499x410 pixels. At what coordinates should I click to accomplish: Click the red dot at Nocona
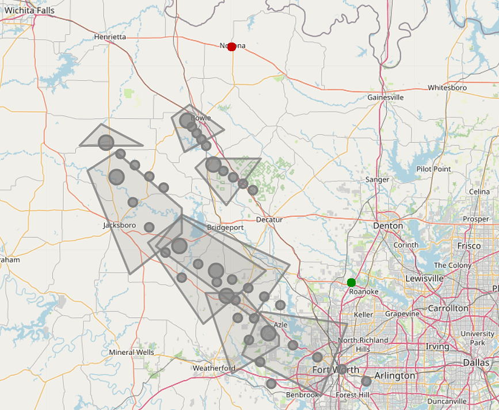[x=231, y=47]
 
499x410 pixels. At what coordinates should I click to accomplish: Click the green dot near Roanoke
[x=351, y=282]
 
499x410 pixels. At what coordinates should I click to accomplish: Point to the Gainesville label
[x=386, y=97]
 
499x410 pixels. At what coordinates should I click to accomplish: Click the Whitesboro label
[x=447, y=87]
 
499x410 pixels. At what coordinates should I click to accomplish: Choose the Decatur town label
[x=269, y=220]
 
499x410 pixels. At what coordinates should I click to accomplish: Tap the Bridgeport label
[x=225, y=227]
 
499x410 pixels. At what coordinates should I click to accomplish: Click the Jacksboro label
[x=120, y=225]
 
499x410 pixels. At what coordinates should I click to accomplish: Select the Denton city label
[x=388, y=225]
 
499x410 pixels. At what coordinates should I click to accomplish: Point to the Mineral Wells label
[x=131, y=352]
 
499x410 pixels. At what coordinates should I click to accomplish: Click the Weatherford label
[x=214, y=368]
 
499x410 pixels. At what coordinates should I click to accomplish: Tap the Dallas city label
[x=476, y=362]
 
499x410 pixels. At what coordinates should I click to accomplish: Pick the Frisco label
[x=468, y=246]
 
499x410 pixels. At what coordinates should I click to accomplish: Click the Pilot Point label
[x=433, y=169]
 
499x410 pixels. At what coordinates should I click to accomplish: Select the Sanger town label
[x=377, y=179]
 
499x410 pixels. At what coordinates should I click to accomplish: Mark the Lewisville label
[x=424, y=278]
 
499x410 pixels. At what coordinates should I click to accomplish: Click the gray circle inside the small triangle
[x=106, y=143]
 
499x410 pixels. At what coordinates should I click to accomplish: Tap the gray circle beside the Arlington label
[x=366, y=381]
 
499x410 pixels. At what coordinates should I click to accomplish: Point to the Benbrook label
[x=302, y=395]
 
